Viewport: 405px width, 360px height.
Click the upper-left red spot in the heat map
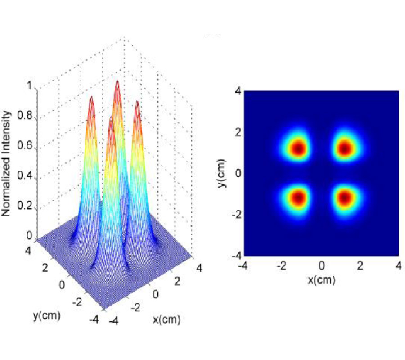tap(298, 148)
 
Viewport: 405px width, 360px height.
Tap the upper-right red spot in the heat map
tap(345, 148)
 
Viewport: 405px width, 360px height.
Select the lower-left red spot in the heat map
tap(298, 197)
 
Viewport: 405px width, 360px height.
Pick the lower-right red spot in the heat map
tap(345, 197)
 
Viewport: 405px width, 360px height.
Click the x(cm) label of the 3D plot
tap(167, 319)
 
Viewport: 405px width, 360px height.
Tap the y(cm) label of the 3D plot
tap(46, 315)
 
